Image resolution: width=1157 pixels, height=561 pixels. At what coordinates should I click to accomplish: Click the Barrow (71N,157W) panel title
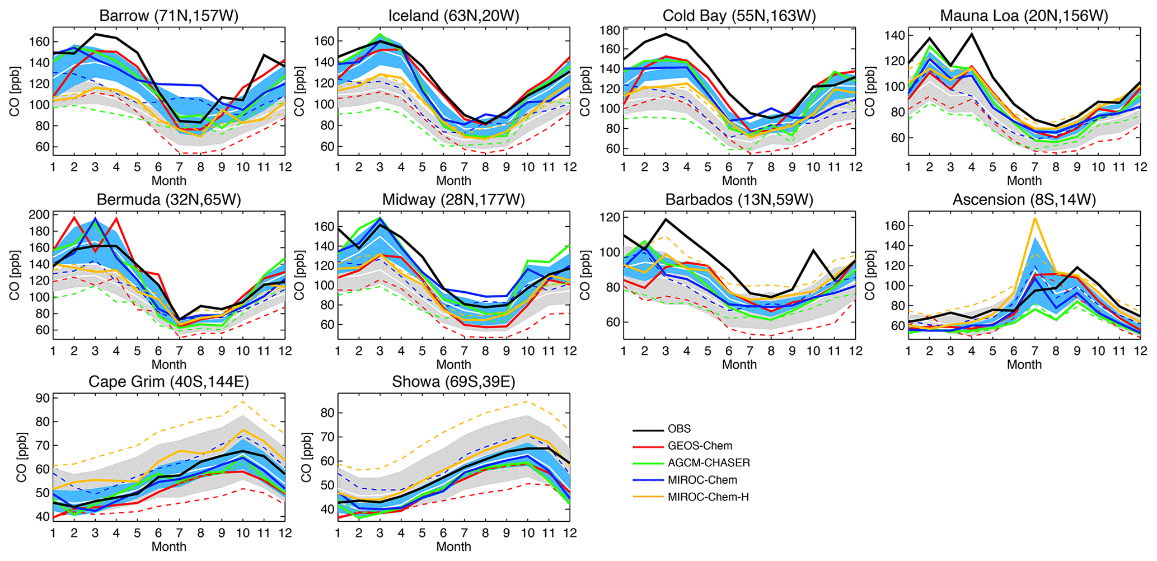[x=168, y=16]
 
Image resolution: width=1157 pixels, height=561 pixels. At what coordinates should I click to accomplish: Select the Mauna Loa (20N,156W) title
[x=1024, y=16]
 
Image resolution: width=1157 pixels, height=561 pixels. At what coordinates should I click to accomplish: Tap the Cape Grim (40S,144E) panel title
[x=168, y=382]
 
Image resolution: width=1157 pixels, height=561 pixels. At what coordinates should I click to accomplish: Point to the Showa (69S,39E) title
[x=453, y=382]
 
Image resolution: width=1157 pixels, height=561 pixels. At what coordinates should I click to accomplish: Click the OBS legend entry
[x=679, y=429]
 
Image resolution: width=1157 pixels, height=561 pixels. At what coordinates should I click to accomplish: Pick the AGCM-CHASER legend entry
[x=709, y=463]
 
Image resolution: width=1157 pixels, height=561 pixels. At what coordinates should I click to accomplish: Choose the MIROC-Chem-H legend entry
[x=708, y=497]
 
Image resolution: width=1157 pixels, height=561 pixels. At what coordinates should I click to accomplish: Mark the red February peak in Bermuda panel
[x=74, y=217]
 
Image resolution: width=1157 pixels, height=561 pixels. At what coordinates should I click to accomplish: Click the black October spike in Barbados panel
[x=813, y=250]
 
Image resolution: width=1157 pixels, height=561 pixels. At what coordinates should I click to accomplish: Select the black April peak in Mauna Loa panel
[x=971, y=34]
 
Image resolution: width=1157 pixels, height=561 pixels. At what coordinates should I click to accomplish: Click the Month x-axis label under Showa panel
[x=453, y=546]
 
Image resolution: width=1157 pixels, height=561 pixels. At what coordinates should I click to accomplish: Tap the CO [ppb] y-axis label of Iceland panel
[x=299, y=91]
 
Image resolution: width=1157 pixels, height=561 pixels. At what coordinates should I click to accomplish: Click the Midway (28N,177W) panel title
[x=453, y=200]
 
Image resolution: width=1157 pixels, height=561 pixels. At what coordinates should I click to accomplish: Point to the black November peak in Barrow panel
[x=264, y=55]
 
